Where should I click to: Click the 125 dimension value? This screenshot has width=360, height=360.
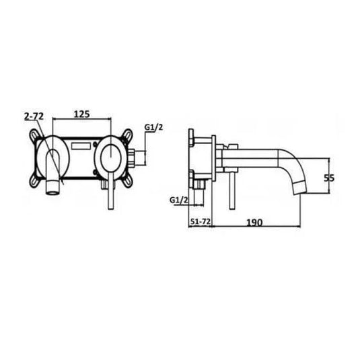(81, 115)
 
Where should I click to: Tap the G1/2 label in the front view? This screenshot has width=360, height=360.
(154, 127)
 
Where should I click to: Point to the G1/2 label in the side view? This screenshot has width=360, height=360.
(178, 200)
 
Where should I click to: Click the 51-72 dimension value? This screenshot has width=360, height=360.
(199, 221)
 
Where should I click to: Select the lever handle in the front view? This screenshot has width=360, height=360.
(108, 192)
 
